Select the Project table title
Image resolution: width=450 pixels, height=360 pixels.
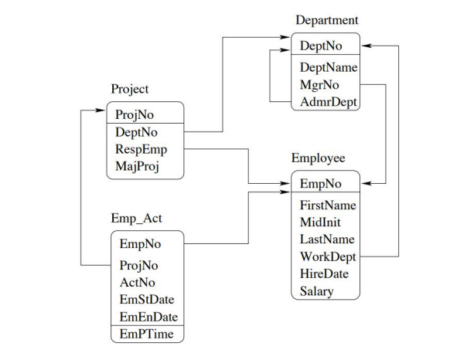point(130,89)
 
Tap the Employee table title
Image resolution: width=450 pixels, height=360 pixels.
point(318,158)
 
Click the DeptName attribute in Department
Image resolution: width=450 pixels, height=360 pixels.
point(327,68)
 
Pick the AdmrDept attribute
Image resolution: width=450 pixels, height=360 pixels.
point(328,100)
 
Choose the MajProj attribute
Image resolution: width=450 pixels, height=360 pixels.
point(136,165)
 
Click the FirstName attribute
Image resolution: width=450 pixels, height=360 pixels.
point(327,205)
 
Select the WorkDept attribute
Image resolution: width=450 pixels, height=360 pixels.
point(328,256)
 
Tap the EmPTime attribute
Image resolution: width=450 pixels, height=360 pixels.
point(146,334)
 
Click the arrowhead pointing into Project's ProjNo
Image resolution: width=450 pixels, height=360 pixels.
point(101,111)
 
